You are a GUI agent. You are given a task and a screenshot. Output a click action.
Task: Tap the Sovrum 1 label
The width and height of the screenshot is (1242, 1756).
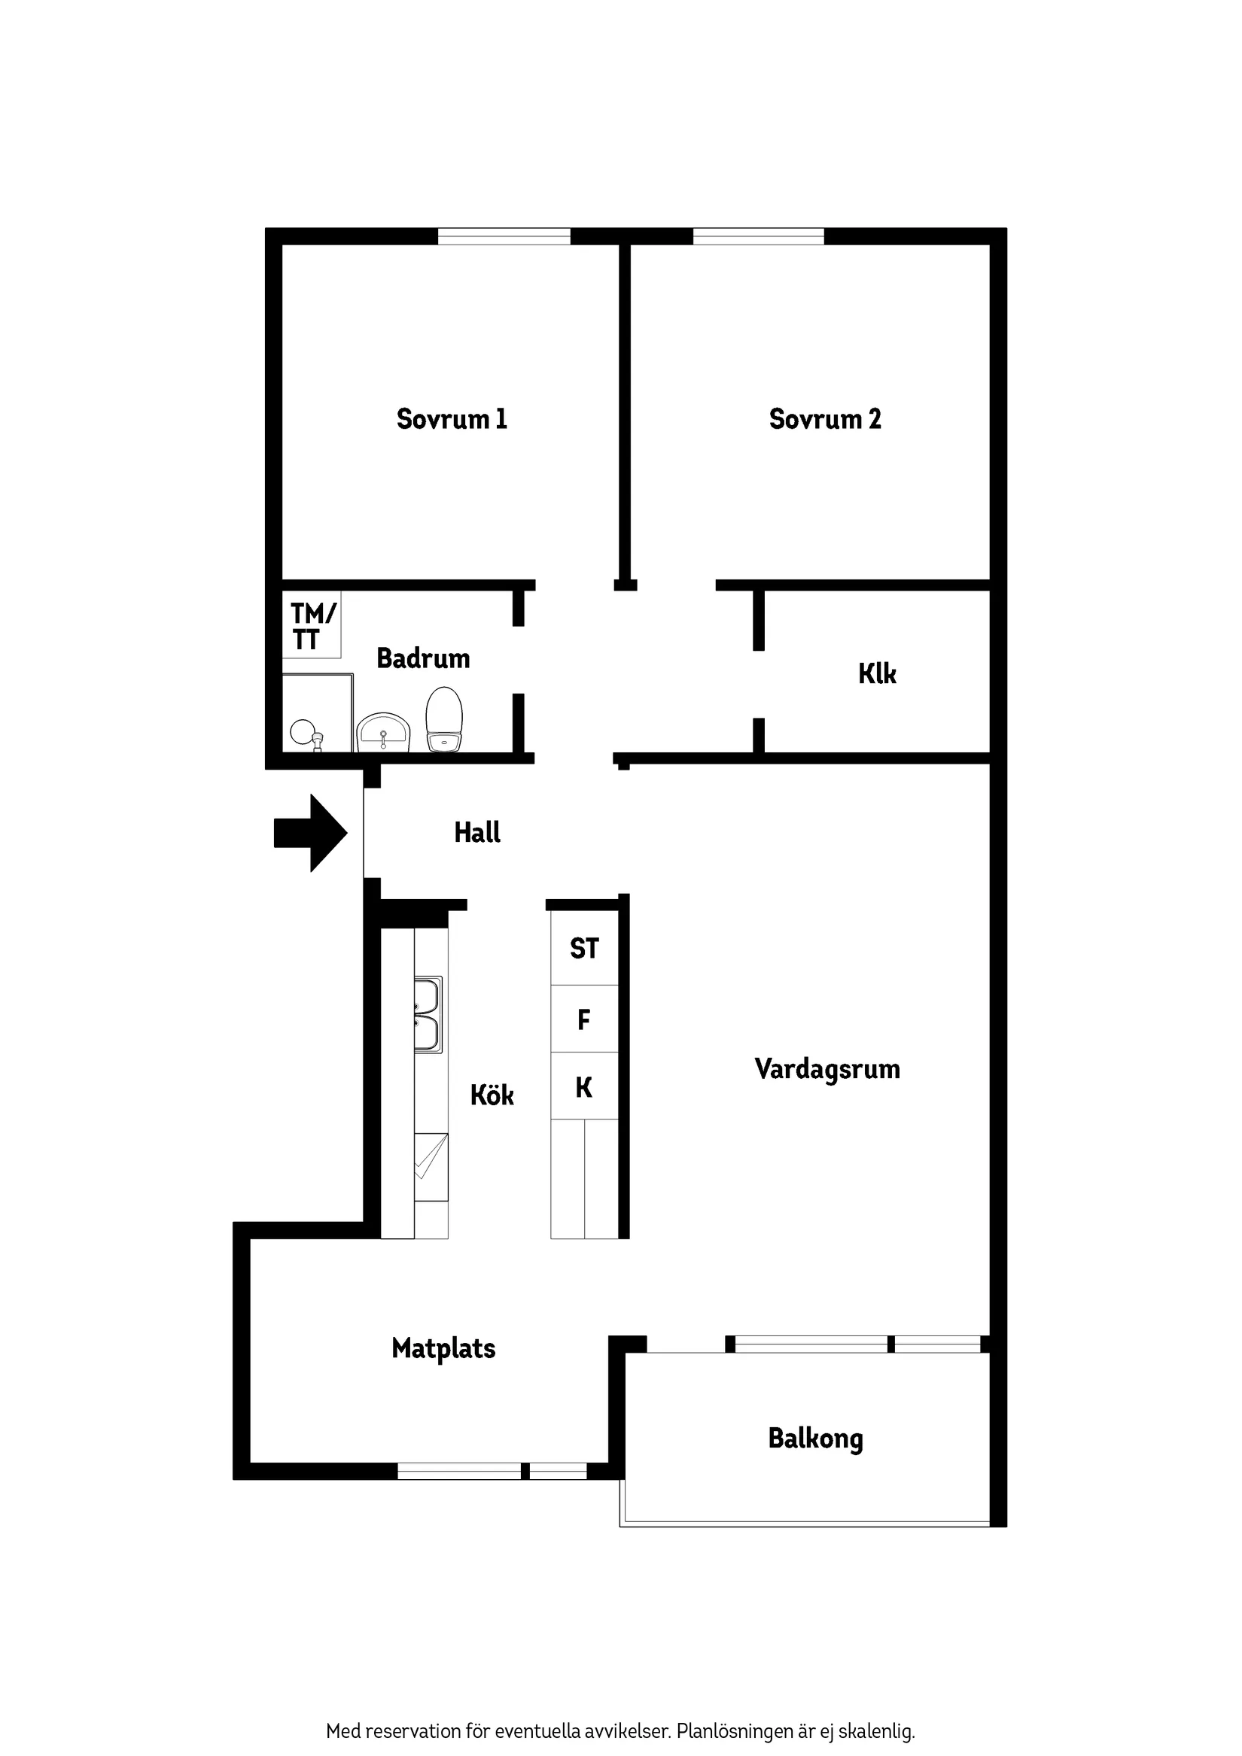(x=452, y=419)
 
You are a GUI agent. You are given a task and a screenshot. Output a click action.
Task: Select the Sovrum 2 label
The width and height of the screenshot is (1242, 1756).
(x=825, y=419)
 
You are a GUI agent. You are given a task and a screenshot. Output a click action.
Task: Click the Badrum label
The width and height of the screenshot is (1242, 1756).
(x=423, y=658)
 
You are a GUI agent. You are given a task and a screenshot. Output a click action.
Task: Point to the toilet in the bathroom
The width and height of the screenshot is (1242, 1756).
(x=444, y=719)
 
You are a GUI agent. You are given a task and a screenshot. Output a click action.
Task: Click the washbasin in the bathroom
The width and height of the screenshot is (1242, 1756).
(x=383, y=733)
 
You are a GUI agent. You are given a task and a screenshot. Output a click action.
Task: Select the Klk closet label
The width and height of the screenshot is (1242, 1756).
(x=877, y=674)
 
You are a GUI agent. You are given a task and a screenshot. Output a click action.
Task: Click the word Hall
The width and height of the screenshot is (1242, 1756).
(x=477, y=832)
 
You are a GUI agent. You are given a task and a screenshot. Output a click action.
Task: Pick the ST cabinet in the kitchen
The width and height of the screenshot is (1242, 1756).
(x=585, y=949)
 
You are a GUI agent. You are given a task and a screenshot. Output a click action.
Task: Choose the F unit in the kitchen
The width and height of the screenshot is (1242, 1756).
(x=585, y=1019)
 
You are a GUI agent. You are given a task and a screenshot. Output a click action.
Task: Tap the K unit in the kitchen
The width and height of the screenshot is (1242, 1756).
(x=585, y=1086)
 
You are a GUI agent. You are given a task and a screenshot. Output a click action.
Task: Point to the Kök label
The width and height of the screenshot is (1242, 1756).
(x=492, y=1095)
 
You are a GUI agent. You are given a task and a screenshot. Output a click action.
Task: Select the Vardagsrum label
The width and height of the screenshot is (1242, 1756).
(x=827, y=1068)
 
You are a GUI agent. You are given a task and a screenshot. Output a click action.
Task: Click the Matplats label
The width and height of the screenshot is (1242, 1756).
(x=444, y=1347)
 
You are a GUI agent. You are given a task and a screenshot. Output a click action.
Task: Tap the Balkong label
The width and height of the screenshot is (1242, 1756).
(x=816, y=1439)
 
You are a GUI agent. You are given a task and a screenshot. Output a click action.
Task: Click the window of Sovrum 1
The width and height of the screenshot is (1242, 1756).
(x=504, y=236)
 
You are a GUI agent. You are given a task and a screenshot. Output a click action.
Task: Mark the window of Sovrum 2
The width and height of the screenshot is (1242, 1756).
(x=758, y=236)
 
